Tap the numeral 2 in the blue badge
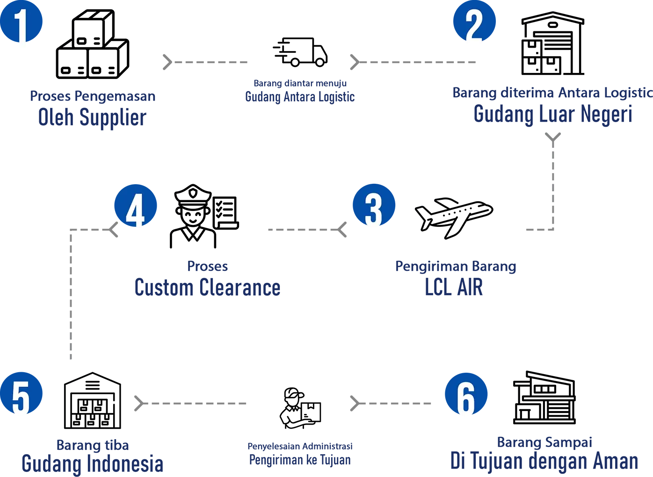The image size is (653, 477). (473, 27)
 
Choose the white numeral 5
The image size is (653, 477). (21, 398)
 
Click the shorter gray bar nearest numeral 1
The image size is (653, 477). (220, 62)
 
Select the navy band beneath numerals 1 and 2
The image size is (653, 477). (281, 115)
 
